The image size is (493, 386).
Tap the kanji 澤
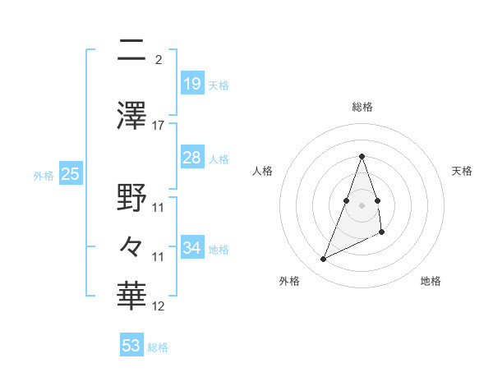pyautogui.click(x=131, y=115)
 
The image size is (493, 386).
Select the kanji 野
pyautogui.click(x=131, y=197)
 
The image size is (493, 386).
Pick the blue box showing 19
pyautogui.click(x=191, y=84)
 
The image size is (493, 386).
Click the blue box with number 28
pyautogui.click(x=191, y=158)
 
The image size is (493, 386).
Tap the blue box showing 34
pyautogui.click(x=191, y=248)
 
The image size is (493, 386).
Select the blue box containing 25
pyautogui.click(x=70, y=174)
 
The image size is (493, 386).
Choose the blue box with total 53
pyautogui.click(x=131, y=346)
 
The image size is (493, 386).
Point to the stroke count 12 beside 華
pyautogui.click(x=159, y=306)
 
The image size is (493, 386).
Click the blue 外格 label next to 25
pyautogui.click(x=44, y=175)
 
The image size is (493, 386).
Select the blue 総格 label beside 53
pyautogui.click(x=158, y=347)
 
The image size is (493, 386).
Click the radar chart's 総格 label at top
pyautogui.click(x=362, y=108)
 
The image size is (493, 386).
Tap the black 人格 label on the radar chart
pyautogui.click(x=263, y=171)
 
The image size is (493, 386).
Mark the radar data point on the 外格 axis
pyautogui.click(x=323, y=260)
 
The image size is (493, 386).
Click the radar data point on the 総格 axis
pyautogui.click(x=362, y=156)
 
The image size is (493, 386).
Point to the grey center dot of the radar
pyautogui.click(x=362, y=204)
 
